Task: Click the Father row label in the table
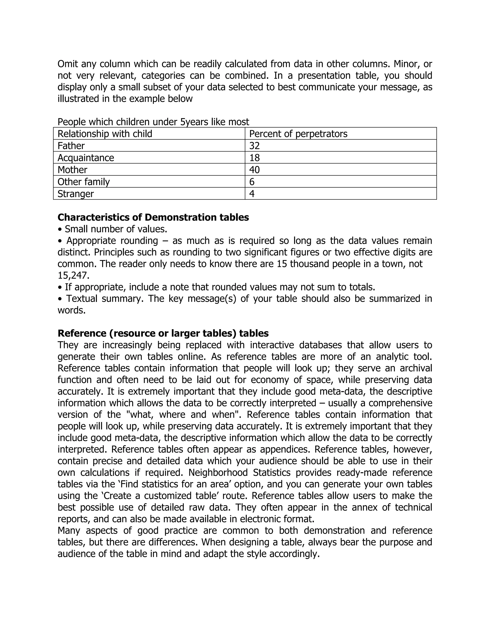(x=71, y=146)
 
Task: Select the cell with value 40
(x=254, y=170)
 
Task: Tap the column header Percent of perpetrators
(x=298, y=134)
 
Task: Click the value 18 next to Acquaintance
(x=254, y=158)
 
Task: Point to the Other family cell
(x=84, y=182)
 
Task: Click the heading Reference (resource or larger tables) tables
(x=163, y=333)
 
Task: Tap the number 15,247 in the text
(x=73, y=275)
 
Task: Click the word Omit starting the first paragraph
(x=68, y=64)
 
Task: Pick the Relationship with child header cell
(x=105, y=134)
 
